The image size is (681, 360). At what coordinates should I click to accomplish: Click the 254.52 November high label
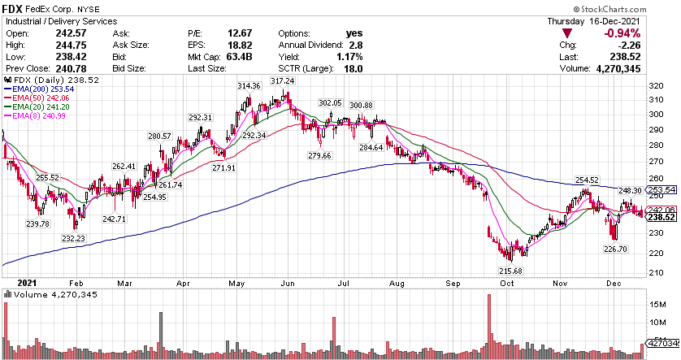coord(587,180)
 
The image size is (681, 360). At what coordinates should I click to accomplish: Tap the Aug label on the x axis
coord(397,284)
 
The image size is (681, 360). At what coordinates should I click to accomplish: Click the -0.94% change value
coord(621,33)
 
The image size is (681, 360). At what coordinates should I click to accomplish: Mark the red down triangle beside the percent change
coord(567,33)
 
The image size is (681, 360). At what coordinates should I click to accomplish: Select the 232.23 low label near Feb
coord(72,238)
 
